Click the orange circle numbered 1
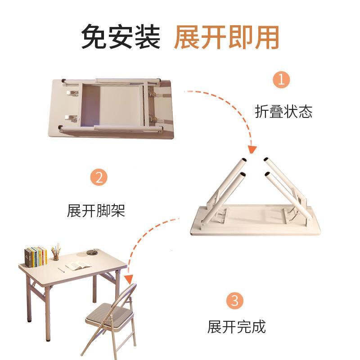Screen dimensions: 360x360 click(x=282, y=81)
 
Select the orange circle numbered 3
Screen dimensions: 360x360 click(x=235, y=300)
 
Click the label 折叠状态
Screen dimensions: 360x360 click(x=283, y=112)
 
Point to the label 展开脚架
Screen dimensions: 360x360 click(x=96, y=210)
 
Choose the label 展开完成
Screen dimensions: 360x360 click(x=237, y=327)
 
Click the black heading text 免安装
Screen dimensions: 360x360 click(x=121, y=37)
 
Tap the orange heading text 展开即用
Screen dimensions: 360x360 click(x=226, y=37)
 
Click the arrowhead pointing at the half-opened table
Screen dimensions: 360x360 click(x=252, y=149)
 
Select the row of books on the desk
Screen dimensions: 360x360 click(x=36, y=256)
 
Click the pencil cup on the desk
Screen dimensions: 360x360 click(x=56, y=256)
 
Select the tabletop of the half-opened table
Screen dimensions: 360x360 click(x=256, y=220)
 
